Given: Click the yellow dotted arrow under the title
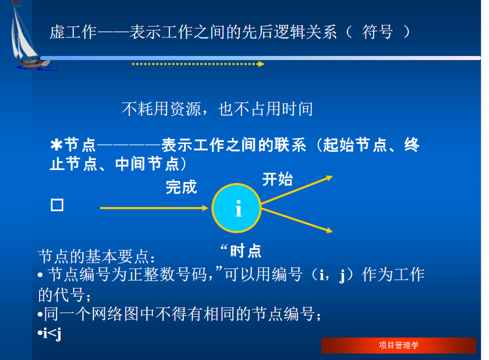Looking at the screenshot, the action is tap(198, 64).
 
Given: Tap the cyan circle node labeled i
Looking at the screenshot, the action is tap(236, 208).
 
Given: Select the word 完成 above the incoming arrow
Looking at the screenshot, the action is tap(181, 187).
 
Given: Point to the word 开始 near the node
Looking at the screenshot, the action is tap(277, 179).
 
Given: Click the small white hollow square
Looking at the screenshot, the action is tap(57, 205).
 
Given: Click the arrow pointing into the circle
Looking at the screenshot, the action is tap(154, 208).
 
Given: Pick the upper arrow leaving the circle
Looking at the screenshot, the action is tap(297, 190).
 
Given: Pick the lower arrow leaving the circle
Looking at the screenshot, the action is tap(297, 220).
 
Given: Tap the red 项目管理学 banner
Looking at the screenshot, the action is tap(398, 346).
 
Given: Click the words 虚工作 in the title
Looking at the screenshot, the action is tap(73, 32).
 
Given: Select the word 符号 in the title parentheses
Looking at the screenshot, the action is tap(377, 32).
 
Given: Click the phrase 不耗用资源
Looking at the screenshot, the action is tap(161, 109).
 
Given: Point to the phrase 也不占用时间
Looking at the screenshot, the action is tap(266, 109).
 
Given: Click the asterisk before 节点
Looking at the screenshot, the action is tap(57, 145).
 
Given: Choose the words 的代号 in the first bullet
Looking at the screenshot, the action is tap(61, 295).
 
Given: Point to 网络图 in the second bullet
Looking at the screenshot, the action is tap(115, 314).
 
